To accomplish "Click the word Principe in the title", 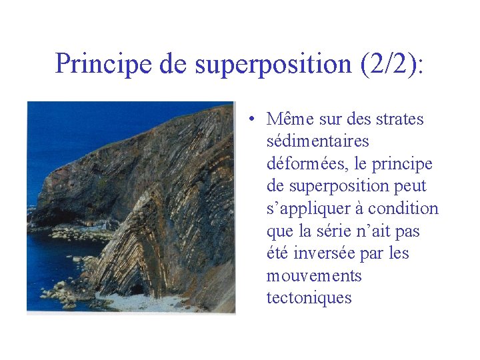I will click(104, 63).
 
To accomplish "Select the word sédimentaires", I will click(317, 141).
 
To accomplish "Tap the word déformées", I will click(302, 163).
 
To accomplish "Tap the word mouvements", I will click(313, 275).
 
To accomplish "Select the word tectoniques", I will click(309, 298).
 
